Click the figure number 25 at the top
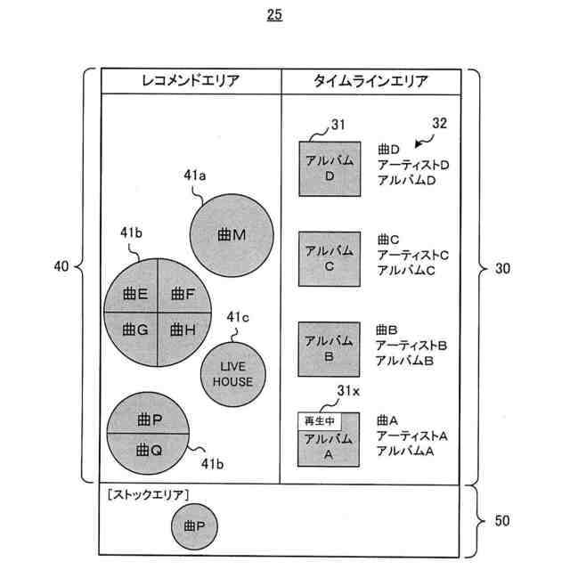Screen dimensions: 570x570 click(273, 14)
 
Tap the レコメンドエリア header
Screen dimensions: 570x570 click(191, 82)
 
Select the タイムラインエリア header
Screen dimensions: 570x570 click(370, 82)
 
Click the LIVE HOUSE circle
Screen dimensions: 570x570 click(232, 375)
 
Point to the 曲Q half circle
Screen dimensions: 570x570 click(149, 451)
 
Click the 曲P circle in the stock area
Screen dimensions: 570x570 click(195, 526)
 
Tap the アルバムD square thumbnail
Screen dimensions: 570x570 click(330, 168)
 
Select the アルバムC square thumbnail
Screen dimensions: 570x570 click(330, 258)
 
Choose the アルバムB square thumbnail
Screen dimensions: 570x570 click(330, 348)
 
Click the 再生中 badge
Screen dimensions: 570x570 click(318, 420)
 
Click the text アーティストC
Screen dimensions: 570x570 click(412, 255)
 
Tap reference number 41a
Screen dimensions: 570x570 click(195, 176)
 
